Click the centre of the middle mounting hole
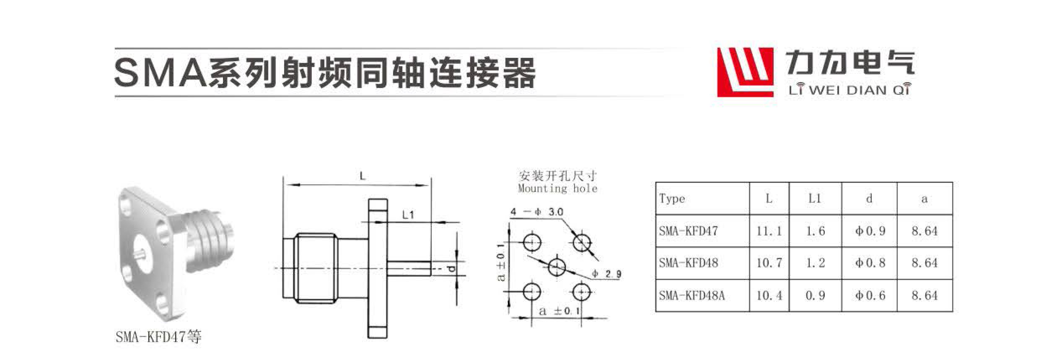click(557, 267)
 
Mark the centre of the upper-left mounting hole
click(532, 242)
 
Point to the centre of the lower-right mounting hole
click(582, 292)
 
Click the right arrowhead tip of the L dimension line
click(430, 185)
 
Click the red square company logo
click(745, 72)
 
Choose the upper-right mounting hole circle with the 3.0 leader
click(582, 242)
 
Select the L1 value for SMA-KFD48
click(815, 263)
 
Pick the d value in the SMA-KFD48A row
click(870, 296)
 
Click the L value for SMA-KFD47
click(769, 231)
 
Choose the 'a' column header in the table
click(924, 199)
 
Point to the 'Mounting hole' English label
click(557, 189)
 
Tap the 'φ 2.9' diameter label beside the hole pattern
click(607, 275)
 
